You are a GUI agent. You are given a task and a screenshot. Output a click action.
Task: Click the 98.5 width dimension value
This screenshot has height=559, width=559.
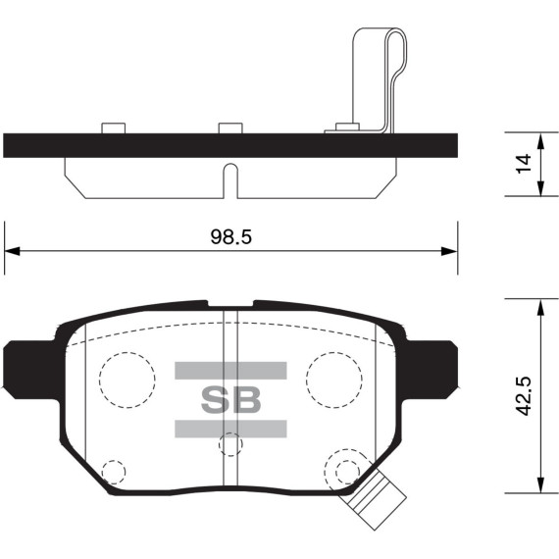pyautogui.click(x=230, y=236)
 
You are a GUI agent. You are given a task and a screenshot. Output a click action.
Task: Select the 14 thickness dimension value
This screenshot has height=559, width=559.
pyautogui.click(x=524, y=164)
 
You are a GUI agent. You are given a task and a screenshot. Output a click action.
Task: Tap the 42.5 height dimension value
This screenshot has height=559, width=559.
pyautogui.click(x=524, y=396)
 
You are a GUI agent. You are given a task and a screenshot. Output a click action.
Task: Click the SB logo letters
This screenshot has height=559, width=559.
pyautogui.click(x=231, y=400)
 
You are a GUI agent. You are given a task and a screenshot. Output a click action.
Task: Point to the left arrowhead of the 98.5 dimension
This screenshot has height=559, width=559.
pyautogui.click(x=12, y=251)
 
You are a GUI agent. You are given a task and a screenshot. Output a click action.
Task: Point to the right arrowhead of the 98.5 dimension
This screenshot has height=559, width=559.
pyautogui.click(x=449, y=251)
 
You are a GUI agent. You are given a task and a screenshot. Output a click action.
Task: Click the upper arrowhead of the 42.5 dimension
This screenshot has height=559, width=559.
pyautogui.click(x=540, y=307)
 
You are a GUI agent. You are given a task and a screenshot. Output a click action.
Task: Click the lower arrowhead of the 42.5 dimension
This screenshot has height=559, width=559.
pyautogui.click(x=540, y=484)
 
